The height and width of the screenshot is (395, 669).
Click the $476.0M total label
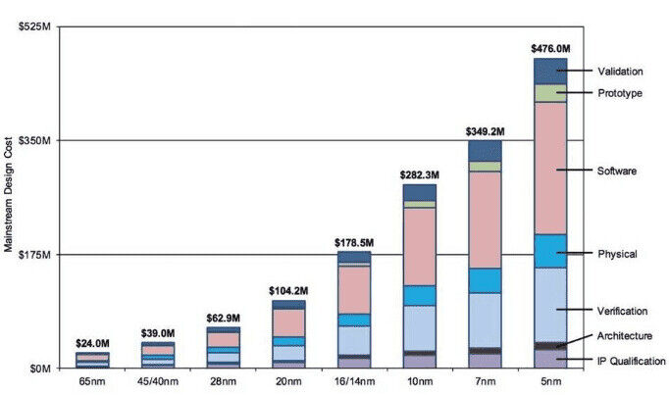[x=550, y=48]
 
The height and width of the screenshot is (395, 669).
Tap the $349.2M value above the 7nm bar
[x=485, y=130]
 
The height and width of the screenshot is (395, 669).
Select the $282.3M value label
[x=419, y=174]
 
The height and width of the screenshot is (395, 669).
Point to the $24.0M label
[x=92, y=343]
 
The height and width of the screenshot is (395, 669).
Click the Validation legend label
[x=620, y=71]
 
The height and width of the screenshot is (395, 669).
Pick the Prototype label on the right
[x=620, y=93]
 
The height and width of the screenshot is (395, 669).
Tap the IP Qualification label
[x=632, y=362]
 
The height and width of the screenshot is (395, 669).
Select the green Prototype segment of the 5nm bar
[x=550, y=93]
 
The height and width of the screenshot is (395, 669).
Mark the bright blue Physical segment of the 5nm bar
[x=550, y=251]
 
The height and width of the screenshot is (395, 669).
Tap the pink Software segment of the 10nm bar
[x=419, y=245]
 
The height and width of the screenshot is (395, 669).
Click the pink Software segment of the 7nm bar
[x=485, y=220]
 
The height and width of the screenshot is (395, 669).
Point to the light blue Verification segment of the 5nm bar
[x=550, y=304]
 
